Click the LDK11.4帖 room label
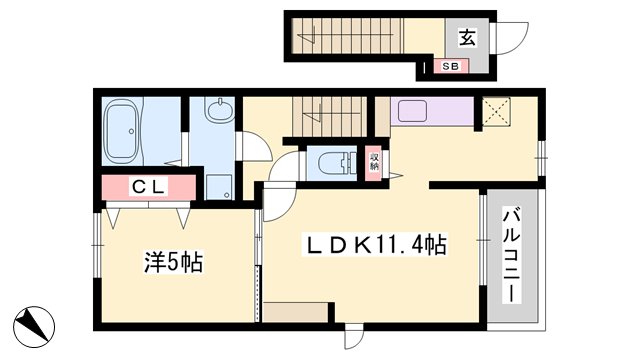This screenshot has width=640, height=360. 374,245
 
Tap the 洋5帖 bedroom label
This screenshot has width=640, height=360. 173,262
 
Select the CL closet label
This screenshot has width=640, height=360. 149,187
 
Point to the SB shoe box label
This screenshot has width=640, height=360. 450,66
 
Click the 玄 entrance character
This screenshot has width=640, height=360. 467,38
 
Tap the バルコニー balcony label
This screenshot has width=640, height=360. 511,256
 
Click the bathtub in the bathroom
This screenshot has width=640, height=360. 123,131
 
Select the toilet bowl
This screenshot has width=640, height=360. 333,163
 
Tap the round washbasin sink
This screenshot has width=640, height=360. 220,110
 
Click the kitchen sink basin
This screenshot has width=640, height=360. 412,111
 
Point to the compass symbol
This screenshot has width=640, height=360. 34,327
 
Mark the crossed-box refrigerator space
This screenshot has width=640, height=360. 496,111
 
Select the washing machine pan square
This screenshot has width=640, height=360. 219,187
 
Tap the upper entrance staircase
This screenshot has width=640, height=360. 348,36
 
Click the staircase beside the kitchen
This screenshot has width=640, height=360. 329,117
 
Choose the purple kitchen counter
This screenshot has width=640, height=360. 432,111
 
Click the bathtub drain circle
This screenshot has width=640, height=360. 131,131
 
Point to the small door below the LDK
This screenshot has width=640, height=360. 353,337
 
